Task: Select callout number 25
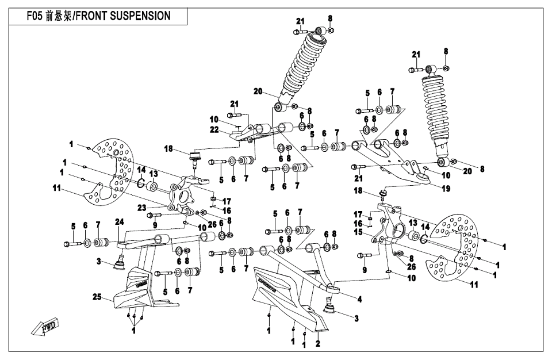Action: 97,297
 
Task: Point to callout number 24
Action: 119,221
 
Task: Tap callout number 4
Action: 359,298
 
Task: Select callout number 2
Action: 317,346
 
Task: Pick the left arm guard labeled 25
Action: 137,285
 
